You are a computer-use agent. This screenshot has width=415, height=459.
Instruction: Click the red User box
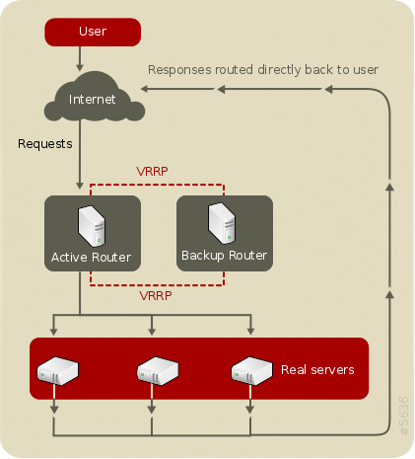93,32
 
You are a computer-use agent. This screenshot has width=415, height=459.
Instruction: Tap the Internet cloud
95,97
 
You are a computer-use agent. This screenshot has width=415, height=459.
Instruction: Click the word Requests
45,144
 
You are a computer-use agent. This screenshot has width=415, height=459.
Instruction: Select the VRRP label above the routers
152,171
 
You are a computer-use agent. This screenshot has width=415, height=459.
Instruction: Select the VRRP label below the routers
156,295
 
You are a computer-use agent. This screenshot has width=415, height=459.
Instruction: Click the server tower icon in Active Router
92,226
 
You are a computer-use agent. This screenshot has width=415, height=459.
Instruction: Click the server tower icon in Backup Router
222,223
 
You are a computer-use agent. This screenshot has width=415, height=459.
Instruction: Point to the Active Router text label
91,257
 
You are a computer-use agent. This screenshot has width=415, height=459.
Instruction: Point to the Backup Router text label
224,256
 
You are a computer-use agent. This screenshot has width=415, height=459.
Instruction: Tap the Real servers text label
317,370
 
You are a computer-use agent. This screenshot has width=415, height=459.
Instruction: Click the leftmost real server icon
57,371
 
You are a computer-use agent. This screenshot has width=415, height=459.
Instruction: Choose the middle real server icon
158,371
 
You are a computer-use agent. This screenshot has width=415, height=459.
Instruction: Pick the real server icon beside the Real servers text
252,371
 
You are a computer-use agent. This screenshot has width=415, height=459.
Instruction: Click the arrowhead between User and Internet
80,67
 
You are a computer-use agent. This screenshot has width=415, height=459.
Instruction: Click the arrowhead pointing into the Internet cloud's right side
145,89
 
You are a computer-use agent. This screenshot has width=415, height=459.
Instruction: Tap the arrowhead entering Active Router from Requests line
80,186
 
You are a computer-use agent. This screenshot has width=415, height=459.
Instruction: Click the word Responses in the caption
179,70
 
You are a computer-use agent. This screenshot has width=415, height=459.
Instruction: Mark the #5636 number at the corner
404,416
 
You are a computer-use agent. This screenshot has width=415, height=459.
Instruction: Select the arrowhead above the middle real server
152,332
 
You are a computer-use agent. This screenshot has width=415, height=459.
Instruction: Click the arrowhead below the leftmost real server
54,410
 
